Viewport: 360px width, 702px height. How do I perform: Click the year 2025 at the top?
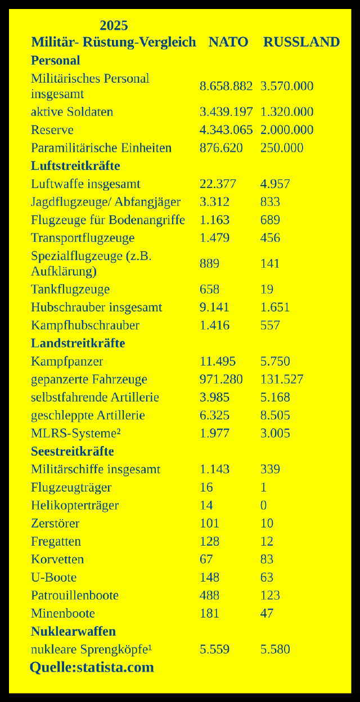(x=114, y=25)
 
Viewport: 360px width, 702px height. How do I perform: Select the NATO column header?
(x=228, y=42)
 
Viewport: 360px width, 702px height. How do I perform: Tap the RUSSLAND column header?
(x=301, y=42)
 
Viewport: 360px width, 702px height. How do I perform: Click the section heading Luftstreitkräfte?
(x=75, y=166)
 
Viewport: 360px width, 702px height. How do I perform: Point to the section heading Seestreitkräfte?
(x=72, y=452)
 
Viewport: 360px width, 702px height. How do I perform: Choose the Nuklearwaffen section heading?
(x=73, y=632)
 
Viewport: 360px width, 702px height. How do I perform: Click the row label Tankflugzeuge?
(x=70, y=289)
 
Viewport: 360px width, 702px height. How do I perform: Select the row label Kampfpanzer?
(x=66, y=361)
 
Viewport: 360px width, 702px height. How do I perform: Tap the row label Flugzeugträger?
(x=71, y=487)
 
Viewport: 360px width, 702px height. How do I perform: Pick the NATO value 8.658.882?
(x=226, y=86)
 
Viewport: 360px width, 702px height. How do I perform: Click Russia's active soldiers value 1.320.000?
(x=286, y=112)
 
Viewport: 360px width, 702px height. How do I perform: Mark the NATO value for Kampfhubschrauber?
(x=214, y=325)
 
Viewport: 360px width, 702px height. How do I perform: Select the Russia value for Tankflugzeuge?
(x=267, y=289)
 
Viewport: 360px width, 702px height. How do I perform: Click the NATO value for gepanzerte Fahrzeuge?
(x=221, y=379)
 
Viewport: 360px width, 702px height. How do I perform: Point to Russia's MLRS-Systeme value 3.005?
(x=275, y=433)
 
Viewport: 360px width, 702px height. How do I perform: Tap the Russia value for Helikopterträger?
(x=263, y=505)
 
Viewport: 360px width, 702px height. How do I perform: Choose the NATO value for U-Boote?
(x=209, y=577)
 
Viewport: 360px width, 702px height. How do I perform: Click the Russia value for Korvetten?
(x=267, y=559)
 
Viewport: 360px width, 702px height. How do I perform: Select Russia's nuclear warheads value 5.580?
(x=275, y=649)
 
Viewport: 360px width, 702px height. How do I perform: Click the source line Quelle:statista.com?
(x=92, y=668)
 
